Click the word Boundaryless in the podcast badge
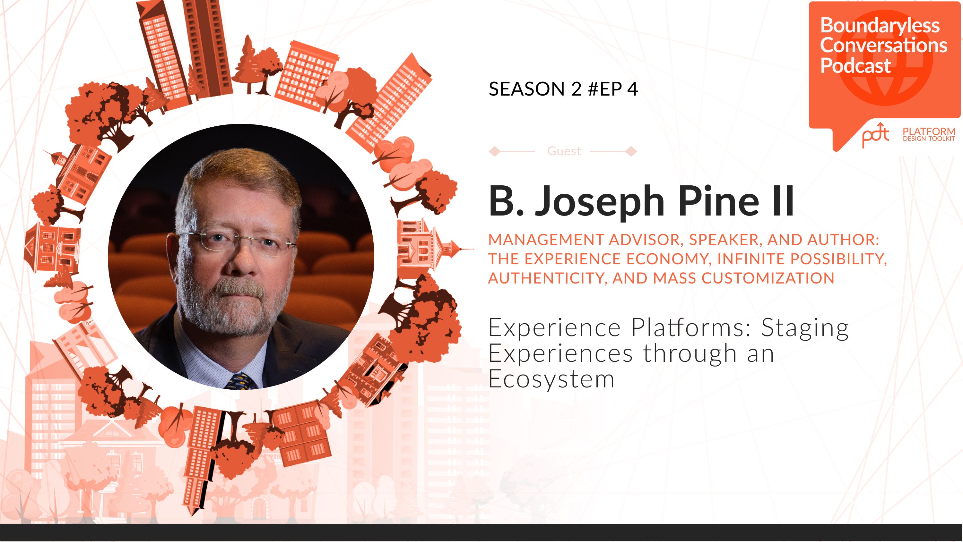pyautogui.click(x=880, y=26)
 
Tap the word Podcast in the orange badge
pyautogui.click(x=855, y=66)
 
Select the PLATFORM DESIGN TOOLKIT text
pyautogui.click(x=929, y=134)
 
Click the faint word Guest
pyautogui.click(x=564, y=151)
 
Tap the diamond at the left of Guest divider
pyautogui.click(x=494, y=151)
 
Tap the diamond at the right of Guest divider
pyautogui.click(x=631, y=151)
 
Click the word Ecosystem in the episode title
pyautogui.click(x=551, y=379)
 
